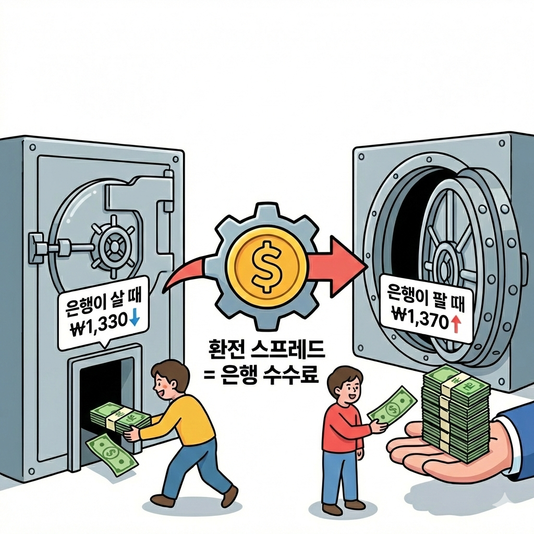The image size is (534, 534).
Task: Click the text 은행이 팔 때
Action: coord(426,298)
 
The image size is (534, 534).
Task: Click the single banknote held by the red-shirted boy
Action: coord(392,406)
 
